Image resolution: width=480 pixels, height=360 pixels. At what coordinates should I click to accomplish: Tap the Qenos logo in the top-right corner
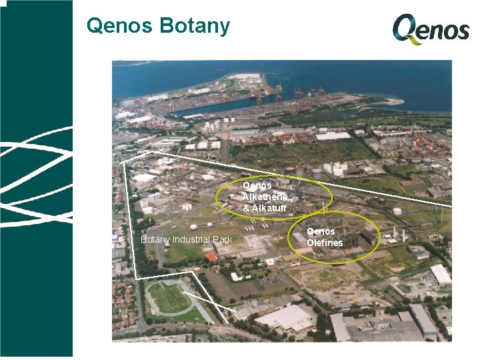tap(431, 30)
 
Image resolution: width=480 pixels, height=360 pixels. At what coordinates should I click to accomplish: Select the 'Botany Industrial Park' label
tap(186, 239)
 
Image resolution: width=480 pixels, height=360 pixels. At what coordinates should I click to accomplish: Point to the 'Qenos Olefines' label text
tap(325, 237)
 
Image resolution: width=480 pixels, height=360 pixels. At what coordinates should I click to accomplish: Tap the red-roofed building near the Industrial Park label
tap(211, 257)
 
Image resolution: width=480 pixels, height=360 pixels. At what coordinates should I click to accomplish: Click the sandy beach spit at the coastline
tap(391, 101)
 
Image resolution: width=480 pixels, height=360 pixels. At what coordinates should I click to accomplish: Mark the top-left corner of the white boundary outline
tap(123, 162)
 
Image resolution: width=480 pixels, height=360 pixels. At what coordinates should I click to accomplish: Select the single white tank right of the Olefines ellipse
tap(397, 211)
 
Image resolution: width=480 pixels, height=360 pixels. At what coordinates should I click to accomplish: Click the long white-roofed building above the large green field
tap(333, 136)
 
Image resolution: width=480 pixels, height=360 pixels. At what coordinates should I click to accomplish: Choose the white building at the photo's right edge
tap(441, 274)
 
